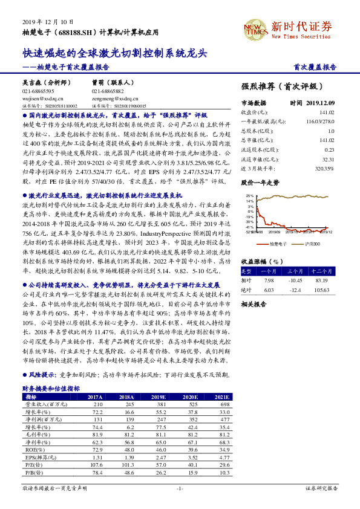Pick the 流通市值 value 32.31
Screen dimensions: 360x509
327,160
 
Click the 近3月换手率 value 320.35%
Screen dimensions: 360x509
324,169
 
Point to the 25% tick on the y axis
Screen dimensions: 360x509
250,196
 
